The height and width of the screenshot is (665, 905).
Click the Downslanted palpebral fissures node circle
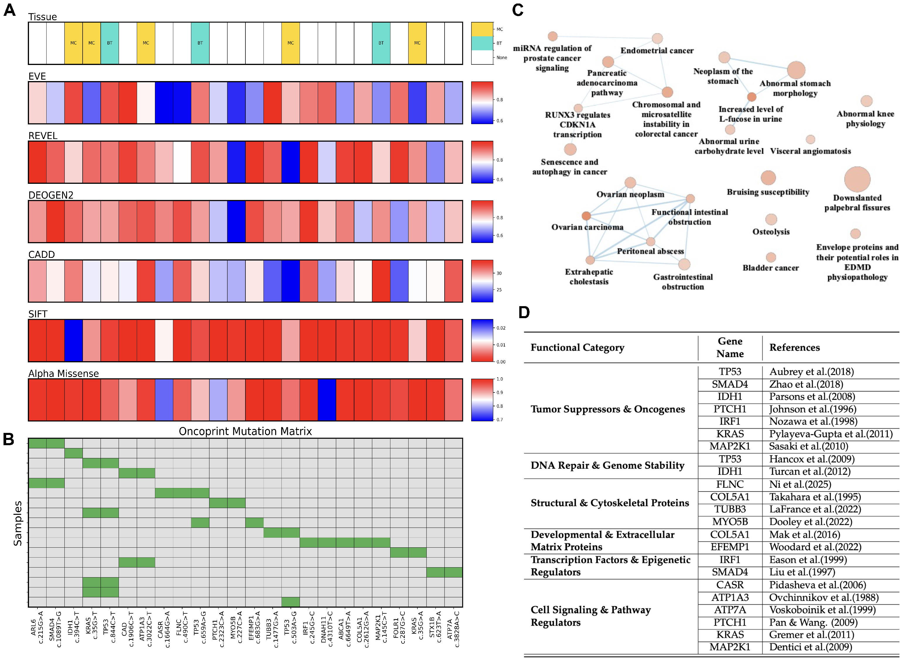[857, 179]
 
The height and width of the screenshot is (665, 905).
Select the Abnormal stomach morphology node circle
[796, 70]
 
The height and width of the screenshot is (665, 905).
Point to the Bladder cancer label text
[771, 268]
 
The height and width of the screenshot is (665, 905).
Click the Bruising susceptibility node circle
[768, 178]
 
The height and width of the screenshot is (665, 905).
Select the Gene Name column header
[730, 347]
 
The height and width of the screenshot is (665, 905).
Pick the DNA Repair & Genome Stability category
[607, 465]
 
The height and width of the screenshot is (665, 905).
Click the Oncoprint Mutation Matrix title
[245, 431]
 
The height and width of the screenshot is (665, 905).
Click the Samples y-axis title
[18, 523]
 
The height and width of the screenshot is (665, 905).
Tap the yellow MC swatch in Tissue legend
[482, 29]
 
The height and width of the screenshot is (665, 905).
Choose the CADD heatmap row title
[42, 254]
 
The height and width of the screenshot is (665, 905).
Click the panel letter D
[524, 312]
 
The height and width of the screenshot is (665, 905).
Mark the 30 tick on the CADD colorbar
[499, 273]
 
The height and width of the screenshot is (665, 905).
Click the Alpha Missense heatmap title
[63, 373]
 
